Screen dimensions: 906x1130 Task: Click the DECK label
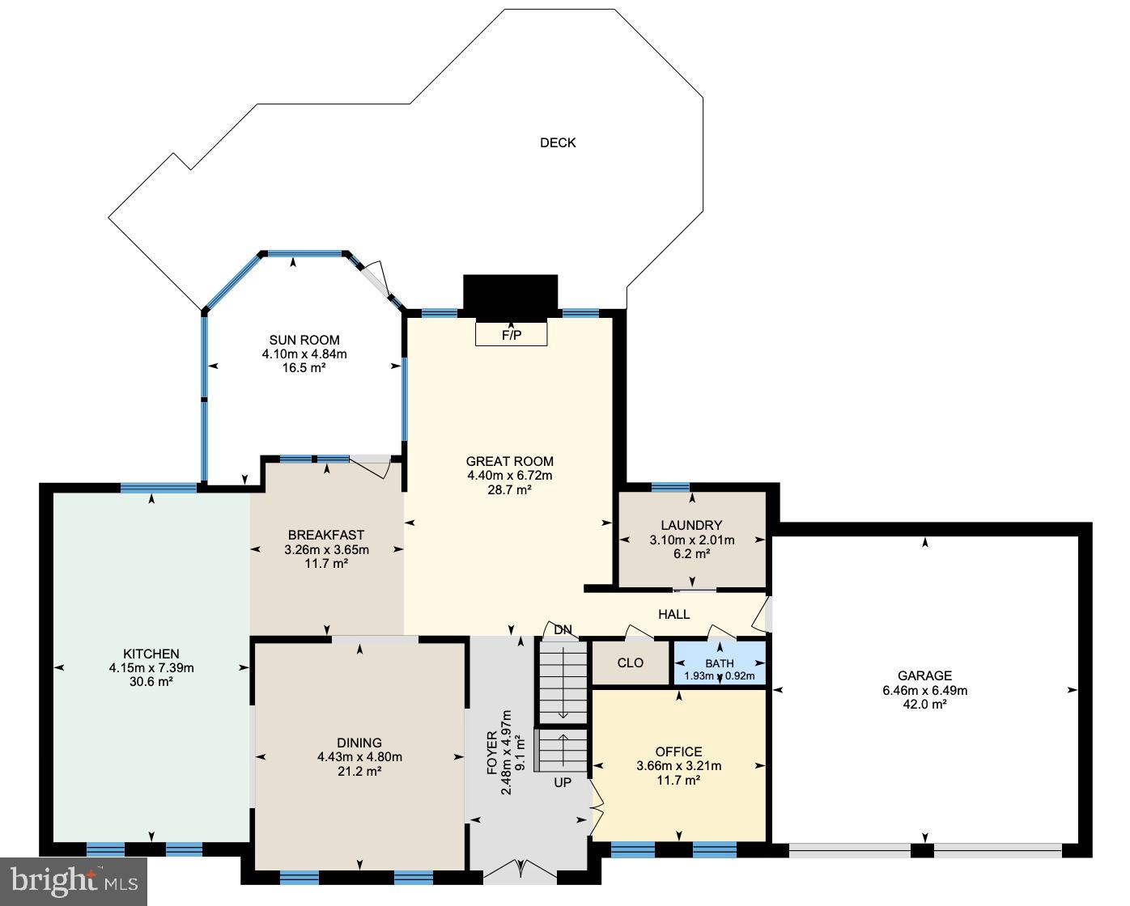(558, 143)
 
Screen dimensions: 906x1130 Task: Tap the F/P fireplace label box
(512, 334)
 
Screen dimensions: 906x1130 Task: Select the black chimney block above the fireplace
(510, 293)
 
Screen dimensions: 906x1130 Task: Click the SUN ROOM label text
(304, 341)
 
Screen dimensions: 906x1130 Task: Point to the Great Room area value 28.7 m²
(509, 489)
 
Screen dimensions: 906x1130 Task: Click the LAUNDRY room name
(691, 526)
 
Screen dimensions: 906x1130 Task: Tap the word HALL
(673, 615)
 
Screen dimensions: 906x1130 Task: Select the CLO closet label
(631, 663)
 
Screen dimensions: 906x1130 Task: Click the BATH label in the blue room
(720, 663)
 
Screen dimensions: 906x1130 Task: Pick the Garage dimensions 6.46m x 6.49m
(924, 691)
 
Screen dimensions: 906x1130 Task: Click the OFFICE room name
(678, 752)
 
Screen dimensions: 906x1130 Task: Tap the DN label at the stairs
(563, 630)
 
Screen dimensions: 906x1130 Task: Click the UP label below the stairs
(563, 783)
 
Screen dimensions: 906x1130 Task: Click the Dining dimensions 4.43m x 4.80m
(359, 757)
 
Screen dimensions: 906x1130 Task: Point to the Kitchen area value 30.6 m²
(151, 682)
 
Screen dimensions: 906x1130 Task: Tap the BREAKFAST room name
(326, 536)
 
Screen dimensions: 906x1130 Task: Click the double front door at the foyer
(520, 870)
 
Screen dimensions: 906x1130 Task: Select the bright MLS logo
(73, 878)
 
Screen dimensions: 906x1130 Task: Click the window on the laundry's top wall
(670, 487)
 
